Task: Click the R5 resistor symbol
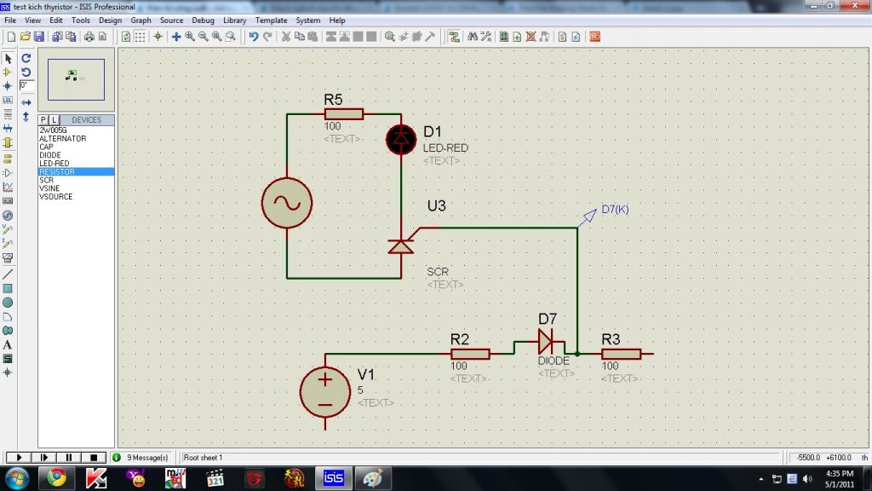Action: pyautogui.click(x=344, y=114)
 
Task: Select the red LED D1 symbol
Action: pyautogui.click(x=401, y=139)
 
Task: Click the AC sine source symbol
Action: pyautogui.click(x=287, y=203)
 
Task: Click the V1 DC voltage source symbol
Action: pyautogui.click(x=324, y=392)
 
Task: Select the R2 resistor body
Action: pyautogui.click(x=470, y=354)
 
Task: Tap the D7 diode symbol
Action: pyautogui.click(x=546, y=341)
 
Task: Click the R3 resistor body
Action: pyautogui.click(x=621, y=354)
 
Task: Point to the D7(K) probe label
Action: pyautogui.click(x=615, y=210)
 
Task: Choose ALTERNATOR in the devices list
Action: pyautogui.click(x=63, y=139)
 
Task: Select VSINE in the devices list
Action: pyautogui.click(x=49, y=188)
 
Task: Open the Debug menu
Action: pyautogui.click(x=203, y=20)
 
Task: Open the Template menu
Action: pyautogui.click(x=272, y=20)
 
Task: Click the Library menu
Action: pyautogui.click(x=235, y=20)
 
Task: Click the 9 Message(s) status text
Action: pyautogui.click(x=147, y=458)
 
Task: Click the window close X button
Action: pyautogui.click(x=855, y=5)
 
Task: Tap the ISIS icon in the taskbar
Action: pyautogui.click(x=334, y=477)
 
